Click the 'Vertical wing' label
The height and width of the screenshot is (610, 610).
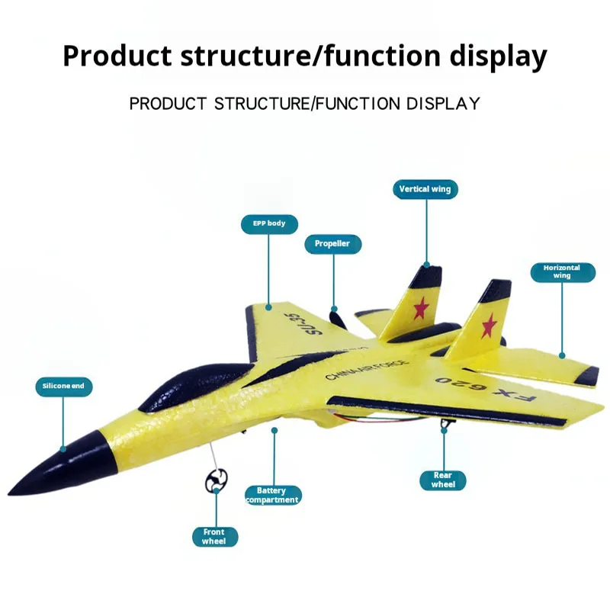[425, 189]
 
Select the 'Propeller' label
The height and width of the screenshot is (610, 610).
[332, 244]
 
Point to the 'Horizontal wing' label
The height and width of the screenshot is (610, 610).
[562, 272]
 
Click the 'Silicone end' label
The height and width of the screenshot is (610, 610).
[64, 387]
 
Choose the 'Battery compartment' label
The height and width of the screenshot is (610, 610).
[272, 496]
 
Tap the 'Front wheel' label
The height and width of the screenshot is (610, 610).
[214, 536]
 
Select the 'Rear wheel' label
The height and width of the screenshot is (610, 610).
[444, 480]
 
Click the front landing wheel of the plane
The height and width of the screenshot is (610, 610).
[217, 480]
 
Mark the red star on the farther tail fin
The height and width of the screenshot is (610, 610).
[419, 307]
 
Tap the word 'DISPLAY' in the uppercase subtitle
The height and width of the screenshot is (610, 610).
[444, 103]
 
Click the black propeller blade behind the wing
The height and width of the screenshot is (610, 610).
[335, 319]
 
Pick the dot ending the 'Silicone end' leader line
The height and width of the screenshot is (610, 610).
[64, 448]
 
